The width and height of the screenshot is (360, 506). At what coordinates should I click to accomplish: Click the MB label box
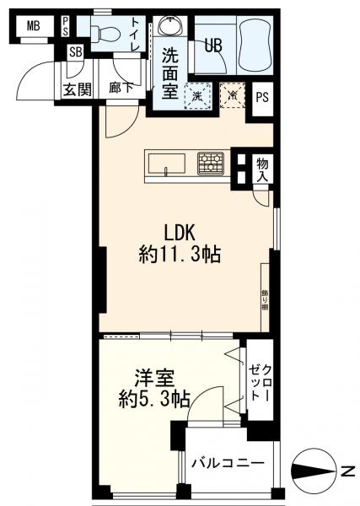[x=33, y=24]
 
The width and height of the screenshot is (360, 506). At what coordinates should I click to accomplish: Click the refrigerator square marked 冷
[x=230, y=96]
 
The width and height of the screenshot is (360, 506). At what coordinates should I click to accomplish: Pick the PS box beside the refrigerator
[x=262, y=96]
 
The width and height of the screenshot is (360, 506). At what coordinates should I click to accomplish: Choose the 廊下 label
[x=120, y=89]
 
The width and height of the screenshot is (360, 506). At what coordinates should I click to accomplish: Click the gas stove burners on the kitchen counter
[x=211, y=162]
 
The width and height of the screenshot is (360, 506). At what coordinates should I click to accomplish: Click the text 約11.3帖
[x=180, y=255]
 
